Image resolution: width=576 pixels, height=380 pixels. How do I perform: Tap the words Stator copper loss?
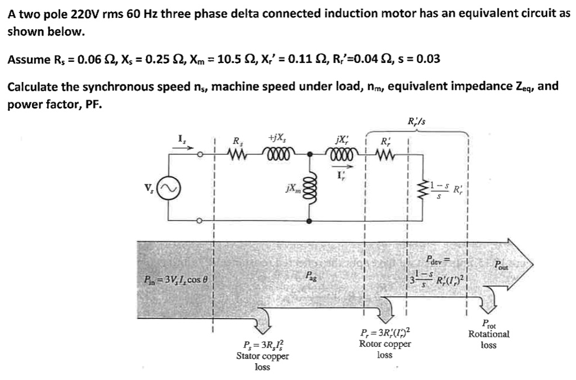(x=262, y=356)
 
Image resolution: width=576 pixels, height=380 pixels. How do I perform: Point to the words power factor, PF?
(x=53, y=105)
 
